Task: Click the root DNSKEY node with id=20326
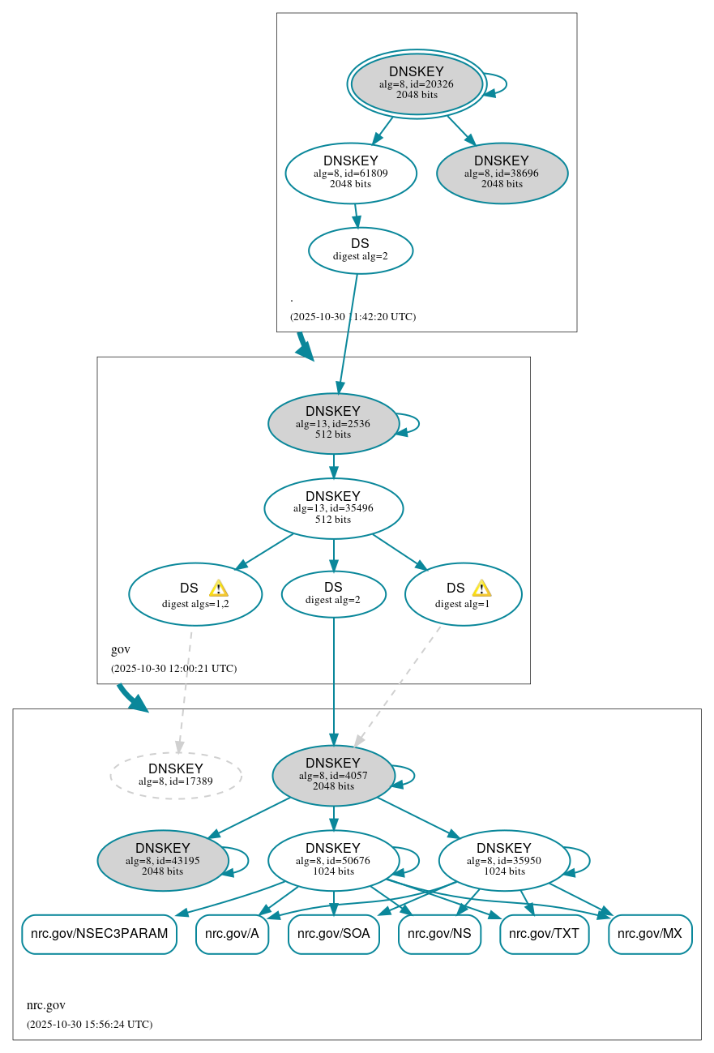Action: tap(417, 83)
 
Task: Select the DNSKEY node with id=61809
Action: tap(351, 172)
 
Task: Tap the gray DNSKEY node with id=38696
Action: tap(502, 172)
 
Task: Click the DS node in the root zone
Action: tap(360, 250)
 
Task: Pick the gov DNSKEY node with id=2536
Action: tap(333, 423)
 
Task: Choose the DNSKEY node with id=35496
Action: tap(333, 508)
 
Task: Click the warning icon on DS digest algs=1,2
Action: tap(218, 589)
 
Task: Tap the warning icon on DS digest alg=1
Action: tap(481, 589)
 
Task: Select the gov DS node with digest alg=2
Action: tap(333, 593)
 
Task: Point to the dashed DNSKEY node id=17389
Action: tap(176, 775)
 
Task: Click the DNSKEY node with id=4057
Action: tap(333, 775)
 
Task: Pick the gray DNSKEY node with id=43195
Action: tap(163, 860)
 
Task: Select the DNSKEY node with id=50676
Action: tap(333, 860)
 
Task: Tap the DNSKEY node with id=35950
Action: tap(504, 860)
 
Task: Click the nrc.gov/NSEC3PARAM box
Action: tap(99, 934)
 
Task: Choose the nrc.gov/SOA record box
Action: tap(334, 934)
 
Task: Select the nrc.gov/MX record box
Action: tap(650, 934)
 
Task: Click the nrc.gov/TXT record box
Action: tap(544, 934)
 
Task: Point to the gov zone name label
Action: tap(121, 649)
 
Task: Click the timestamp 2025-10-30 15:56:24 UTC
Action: tap(89, 1024)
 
